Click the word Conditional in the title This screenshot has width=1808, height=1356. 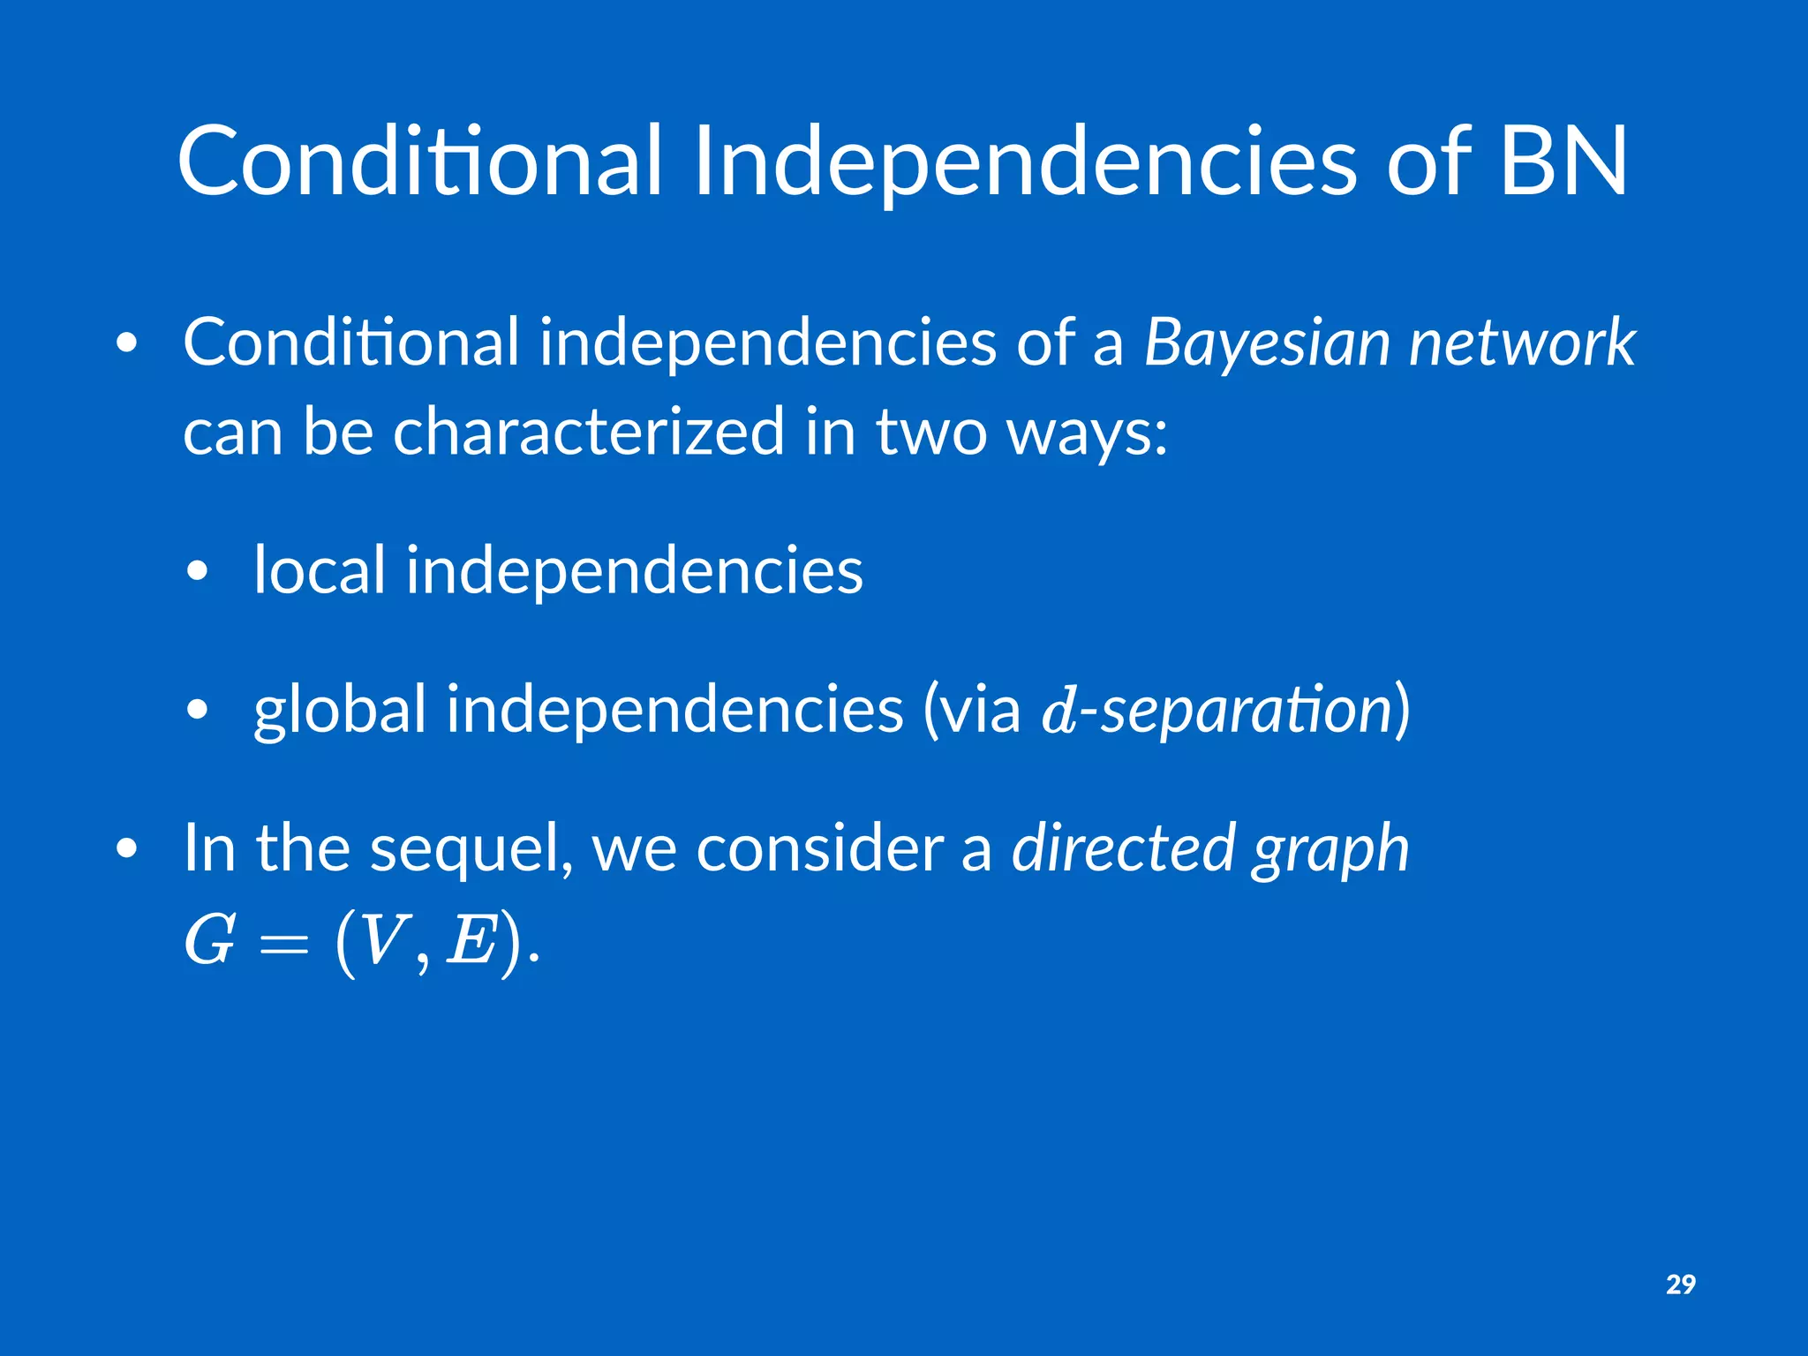point(419,161)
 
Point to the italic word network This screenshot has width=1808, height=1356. point(1522,343)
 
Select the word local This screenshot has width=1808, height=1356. point(320,569)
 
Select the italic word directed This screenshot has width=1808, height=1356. point(1124,847)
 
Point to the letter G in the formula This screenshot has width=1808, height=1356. point(209,940)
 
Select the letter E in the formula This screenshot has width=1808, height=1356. point(471,940)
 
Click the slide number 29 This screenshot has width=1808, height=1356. point(1680,1284)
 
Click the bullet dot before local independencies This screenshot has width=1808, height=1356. point(198,571)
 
